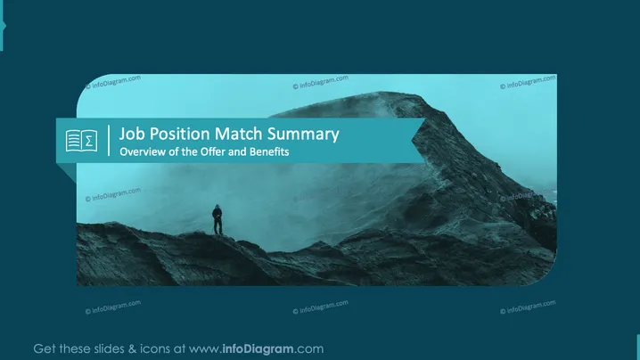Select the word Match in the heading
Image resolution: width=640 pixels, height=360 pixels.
pos(238,134)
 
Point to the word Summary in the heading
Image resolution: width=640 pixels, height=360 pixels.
pos(303,135)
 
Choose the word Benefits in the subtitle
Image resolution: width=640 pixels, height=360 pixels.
pos(269,151)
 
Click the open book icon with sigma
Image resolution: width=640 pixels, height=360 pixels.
pos(82,141)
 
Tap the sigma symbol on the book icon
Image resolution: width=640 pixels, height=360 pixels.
pos(89,141)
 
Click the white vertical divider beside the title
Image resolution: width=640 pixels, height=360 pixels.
pos(109,141)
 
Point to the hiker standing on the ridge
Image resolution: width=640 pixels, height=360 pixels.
pos(217,219)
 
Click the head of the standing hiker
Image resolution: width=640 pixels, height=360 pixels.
pos(217,207)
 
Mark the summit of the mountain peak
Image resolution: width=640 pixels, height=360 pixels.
pos(382,93)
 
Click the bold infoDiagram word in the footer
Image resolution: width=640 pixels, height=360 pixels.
pos(258,349)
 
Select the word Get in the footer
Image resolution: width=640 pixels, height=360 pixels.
pos(45,349)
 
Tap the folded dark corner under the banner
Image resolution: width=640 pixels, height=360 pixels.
pos(70,170)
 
